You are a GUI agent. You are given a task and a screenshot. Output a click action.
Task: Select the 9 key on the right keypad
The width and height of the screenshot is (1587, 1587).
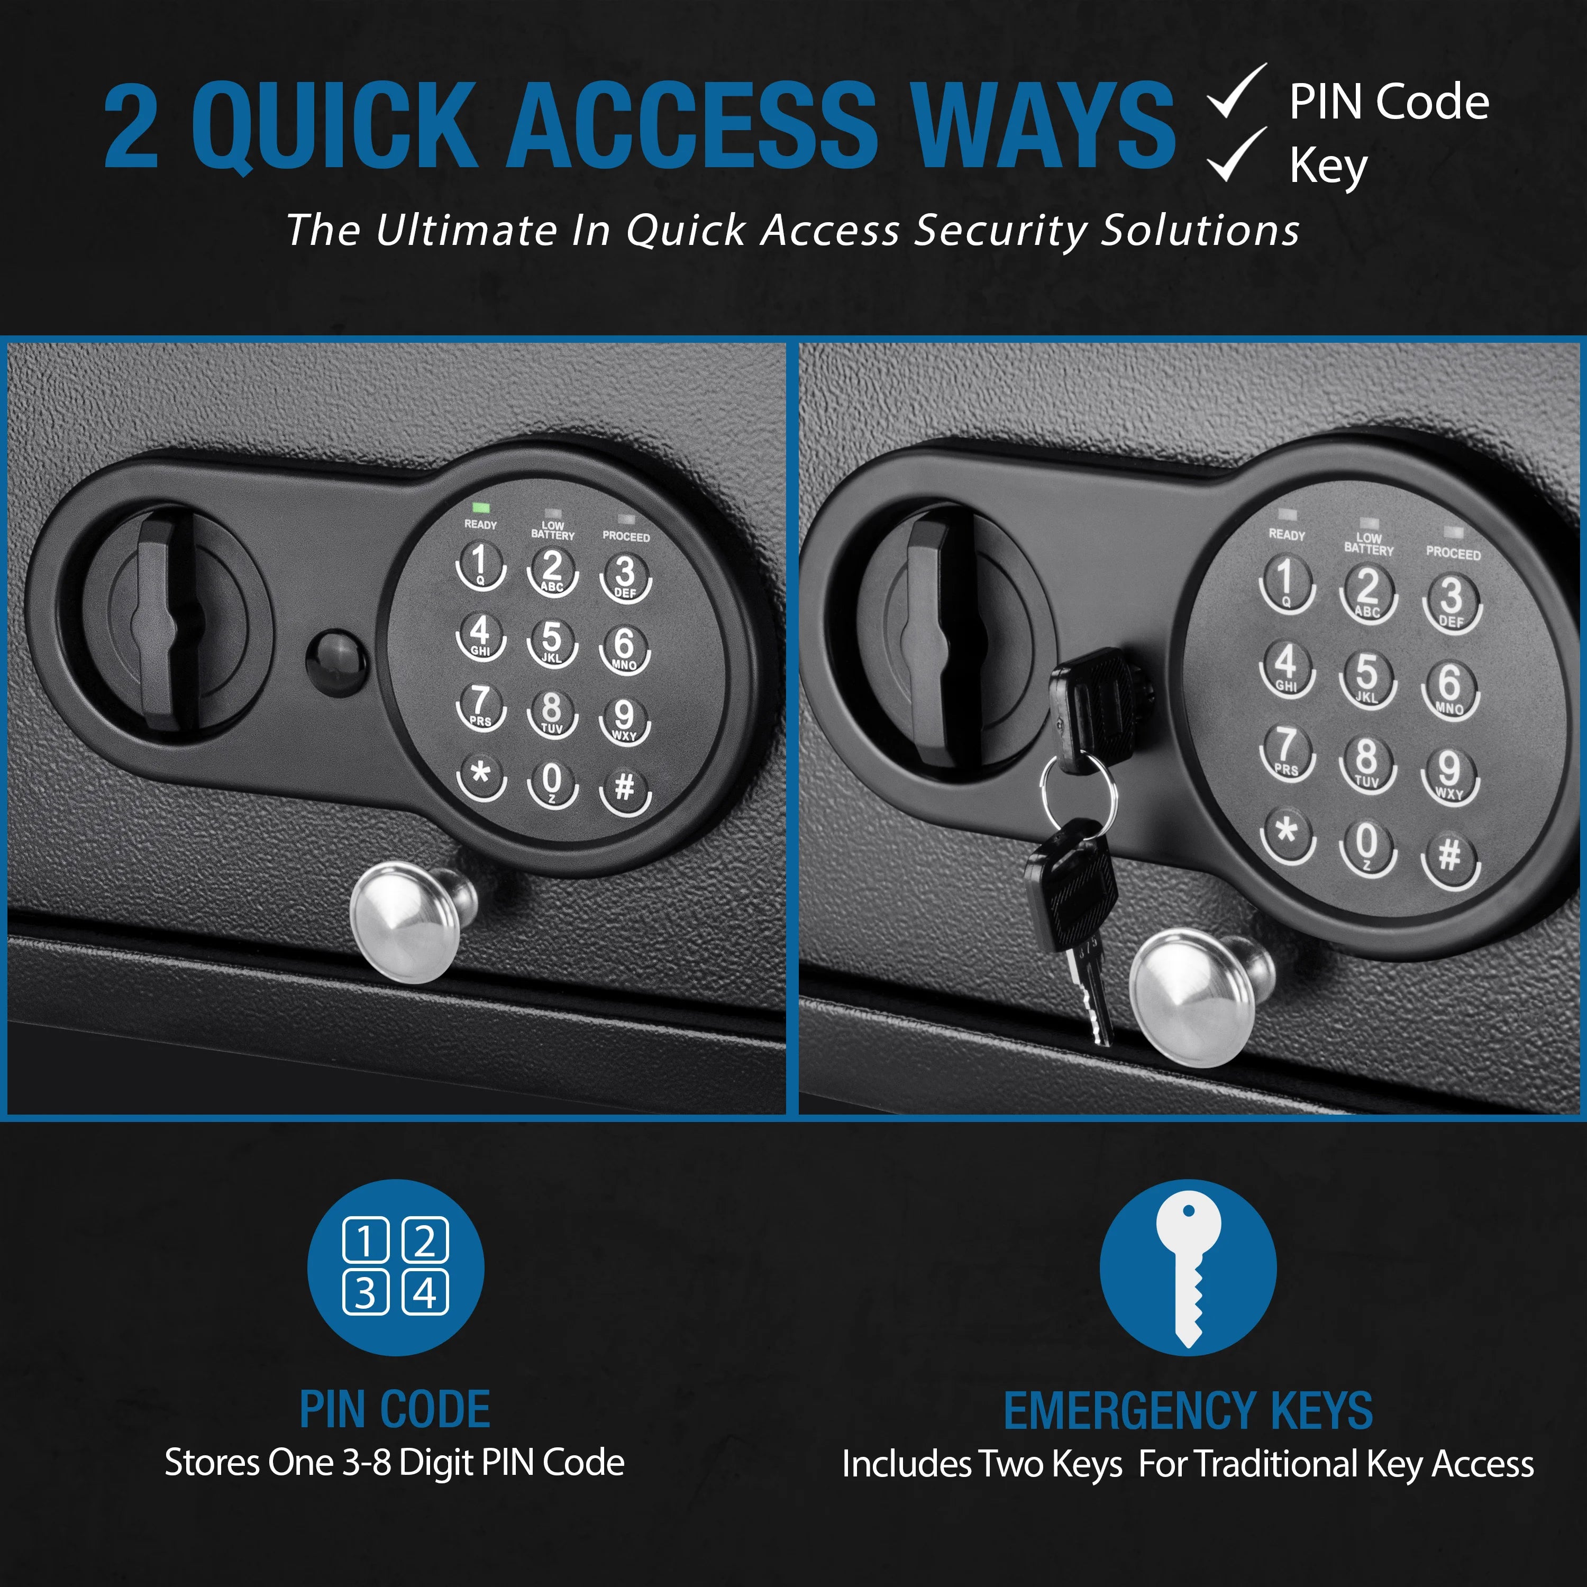tap(1450, 772)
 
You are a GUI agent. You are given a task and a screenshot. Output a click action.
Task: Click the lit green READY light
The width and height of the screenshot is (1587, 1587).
tap(480, 508)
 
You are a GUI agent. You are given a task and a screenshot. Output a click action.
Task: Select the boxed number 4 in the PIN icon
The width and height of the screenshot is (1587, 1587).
tap(425, 1294)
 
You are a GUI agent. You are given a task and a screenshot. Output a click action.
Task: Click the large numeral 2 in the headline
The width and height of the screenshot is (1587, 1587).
tap(131, 127)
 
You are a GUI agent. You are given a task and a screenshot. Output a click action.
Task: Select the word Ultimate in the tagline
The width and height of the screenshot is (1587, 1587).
tap(466, 231)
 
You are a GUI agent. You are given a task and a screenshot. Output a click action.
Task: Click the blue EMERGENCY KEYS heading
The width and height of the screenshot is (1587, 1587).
tap(1188, 1411)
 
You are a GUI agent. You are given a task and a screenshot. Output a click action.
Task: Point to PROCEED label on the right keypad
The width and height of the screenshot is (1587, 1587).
tap(1453, 554)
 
